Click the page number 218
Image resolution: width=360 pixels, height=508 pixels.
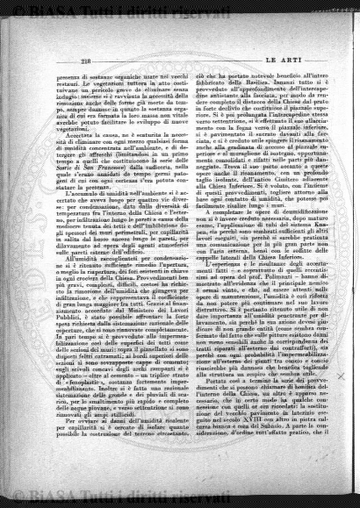[x=62, y=60]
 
